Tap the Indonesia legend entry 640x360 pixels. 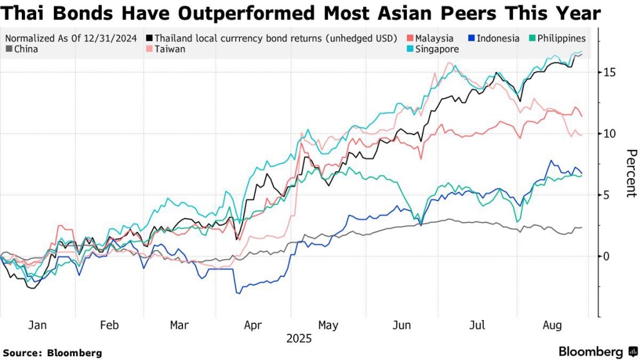(x=497, y=38)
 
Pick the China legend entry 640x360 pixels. (x=26, y=49)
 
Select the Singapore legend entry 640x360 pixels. (x=436, y=49)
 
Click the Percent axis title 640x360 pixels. (x=631, y=173)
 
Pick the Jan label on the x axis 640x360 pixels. (x=37, y=326)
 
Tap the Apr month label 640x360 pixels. (x=252, y=326)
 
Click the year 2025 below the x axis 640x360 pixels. (x=299, y=339)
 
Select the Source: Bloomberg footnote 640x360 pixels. (x=52, y=352)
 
